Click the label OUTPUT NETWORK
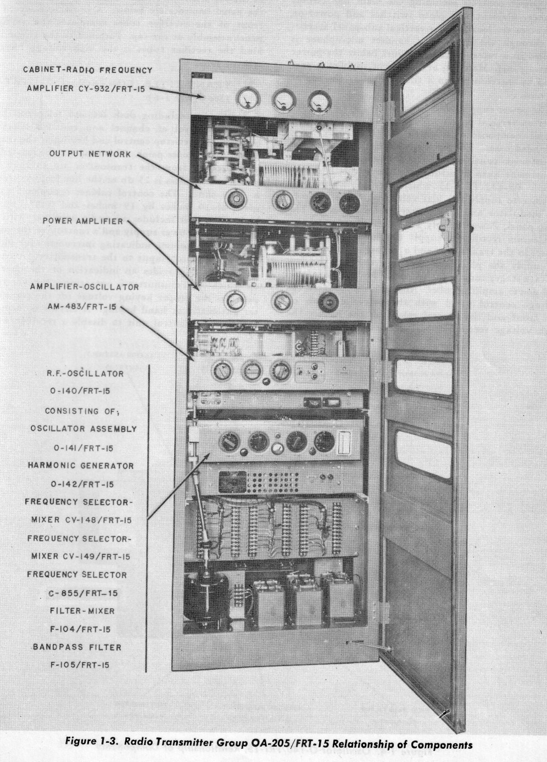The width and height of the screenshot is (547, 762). (91, 154)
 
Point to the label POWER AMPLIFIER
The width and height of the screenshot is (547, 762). (83, 221)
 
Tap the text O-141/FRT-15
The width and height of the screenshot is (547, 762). (83, 447)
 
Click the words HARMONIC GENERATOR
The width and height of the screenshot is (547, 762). (81, 466)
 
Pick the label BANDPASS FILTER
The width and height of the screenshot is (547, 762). (77, 647)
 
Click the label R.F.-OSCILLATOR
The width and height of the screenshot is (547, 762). (86, 373)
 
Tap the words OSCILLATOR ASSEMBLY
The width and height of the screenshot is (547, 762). (83, 429)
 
